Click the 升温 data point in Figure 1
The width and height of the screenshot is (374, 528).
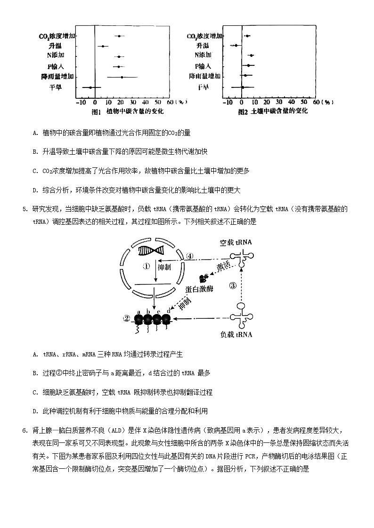click(x=103, y=46)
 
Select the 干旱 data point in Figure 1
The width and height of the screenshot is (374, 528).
click(x=90, y=87)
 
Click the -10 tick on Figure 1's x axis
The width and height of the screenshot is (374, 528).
click(x=81, y=102)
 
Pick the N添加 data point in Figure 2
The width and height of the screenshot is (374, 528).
click(x=251, y=55)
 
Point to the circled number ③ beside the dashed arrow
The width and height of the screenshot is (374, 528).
click(x=233, y=285)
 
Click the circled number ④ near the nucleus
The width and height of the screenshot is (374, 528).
click(x=190, y=256)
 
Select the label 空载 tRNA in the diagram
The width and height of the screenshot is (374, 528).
click(x=236, y=243)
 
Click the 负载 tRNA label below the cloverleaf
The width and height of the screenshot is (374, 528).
click(x=236, y=335)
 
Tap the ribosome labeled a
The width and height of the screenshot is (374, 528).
click(x=139, y=320)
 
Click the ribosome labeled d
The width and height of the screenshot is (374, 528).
click(x=166, y=320)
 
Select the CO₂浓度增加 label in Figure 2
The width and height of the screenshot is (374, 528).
click(x=204, y=36)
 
